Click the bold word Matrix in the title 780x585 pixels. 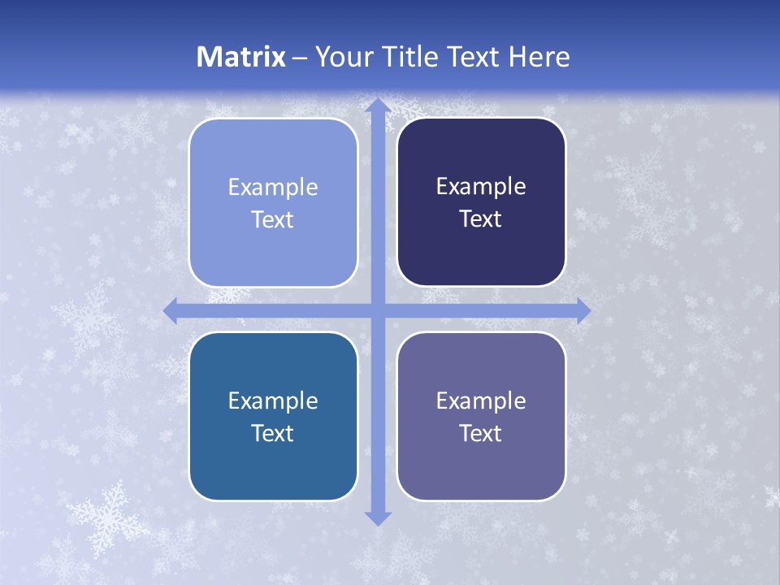click(x=241, y=57)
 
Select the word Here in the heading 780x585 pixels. click(x=539, y=57)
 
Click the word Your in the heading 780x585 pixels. click(x=340, y=57)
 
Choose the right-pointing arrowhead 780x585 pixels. click(x=583, y=311)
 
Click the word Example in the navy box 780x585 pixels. click(x=481, y=187)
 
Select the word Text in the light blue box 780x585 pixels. click(x=273, y=220)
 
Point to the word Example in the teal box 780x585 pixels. click(x=273, y=401)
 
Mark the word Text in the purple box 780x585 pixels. click(x=481, y=433)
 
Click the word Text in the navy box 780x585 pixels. click(x=481, y=219)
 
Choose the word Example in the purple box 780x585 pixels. click(x=481, y=401)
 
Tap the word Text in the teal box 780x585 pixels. click(x=273, y=433)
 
